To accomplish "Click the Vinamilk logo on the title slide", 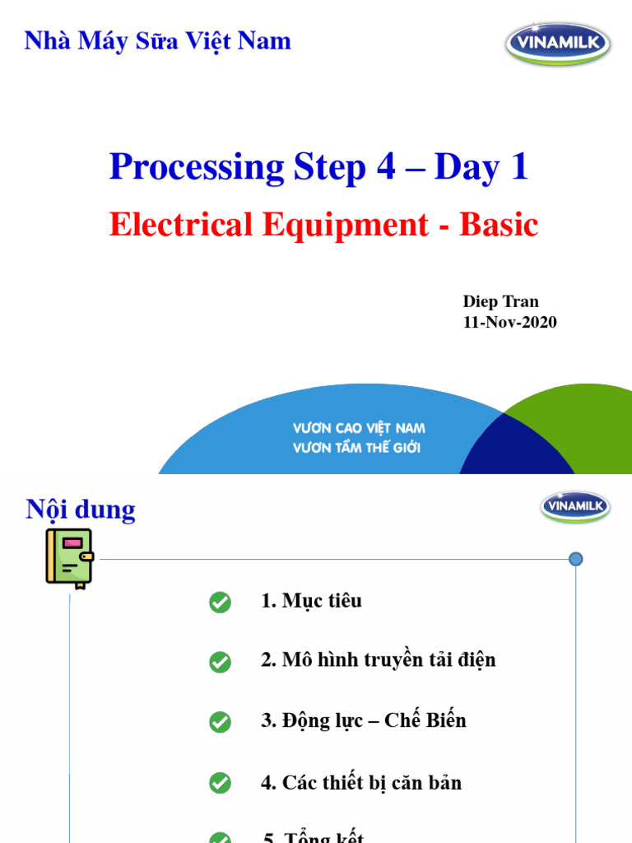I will point(558,43).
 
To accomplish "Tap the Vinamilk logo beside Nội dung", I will point(575,506).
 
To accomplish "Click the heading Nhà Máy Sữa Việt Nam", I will point(157,40).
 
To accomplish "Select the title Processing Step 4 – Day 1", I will point(318,167).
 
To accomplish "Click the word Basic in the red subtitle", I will point(499,225).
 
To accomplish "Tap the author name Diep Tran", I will point(500,301).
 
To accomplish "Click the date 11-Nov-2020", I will point(510,322).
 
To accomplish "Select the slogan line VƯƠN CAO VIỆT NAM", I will point(359,429).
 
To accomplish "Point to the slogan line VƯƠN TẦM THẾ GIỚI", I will point(356,448).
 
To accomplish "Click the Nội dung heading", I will point(81,510).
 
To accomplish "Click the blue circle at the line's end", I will point(575,560).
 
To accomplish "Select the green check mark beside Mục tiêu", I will point(220,603).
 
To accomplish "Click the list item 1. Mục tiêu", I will point(311,601).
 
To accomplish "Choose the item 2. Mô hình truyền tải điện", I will point(378,660).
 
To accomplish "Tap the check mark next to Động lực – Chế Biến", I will point(220,722).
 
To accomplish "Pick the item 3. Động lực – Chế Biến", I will point(363,720).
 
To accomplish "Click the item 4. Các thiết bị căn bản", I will point(361,782).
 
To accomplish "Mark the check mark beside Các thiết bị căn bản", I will point(220,783).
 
